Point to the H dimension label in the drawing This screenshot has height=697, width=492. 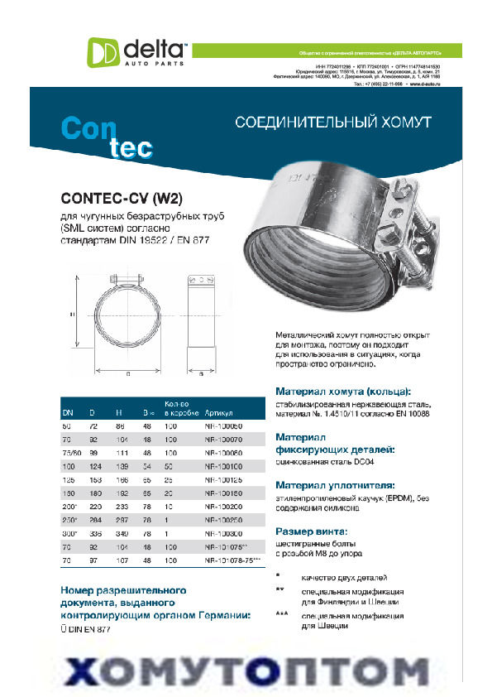(x=72, y=315)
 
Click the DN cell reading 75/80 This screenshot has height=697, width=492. (x=72, y=453)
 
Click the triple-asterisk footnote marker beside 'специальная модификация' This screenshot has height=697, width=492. (x=283, y=615)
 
